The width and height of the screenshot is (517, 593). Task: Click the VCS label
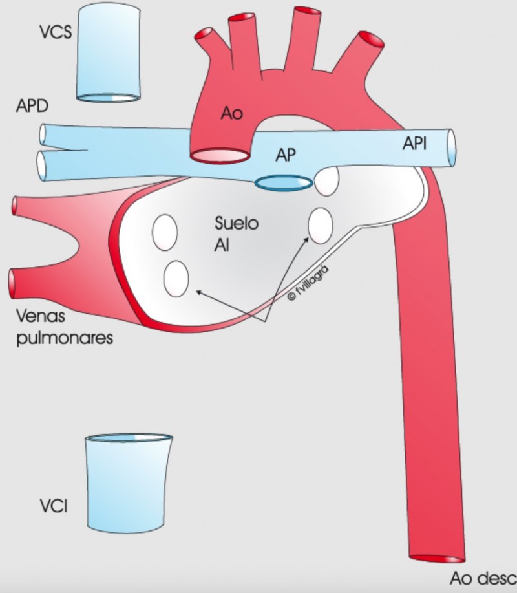56,32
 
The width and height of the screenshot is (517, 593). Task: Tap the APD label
32,105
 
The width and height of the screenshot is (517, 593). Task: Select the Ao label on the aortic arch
231,113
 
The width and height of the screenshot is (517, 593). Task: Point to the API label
415,144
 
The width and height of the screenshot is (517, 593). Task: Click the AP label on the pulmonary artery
286,155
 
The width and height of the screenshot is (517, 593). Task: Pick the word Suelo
237,223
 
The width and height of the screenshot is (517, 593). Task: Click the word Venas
41,316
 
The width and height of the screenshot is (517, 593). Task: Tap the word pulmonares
65,338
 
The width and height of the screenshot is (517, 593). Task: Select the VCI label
54,506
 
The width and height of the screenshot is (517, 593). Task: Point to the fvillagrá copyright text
308,283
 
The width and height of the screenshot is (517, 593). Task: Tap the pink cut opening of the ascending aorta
220,155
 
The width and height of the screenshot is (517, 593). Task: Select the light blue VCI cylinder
129,483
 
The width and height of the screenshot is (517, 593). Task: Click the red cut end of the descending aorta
437,559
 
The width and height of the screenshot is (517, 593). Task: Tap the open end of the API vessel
451,148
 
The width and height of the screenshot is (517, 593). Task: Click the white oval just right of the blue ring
327,181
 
